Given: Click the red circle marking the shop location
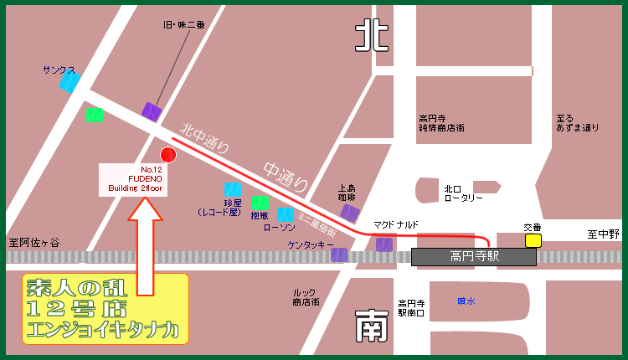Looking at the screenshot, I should tap(168, 154).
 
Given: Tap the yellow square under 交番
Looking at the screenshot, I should tap(533, 240).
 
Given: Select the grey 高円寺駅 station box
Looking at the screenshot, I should tap(474, 256).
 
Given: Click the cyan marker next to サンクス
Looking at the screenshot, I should tap(69, 82).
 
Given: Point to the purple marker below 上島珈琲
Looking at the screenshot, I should tap(350, 214).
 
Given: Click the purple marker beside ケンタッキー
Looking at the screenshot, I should tap(339, 254).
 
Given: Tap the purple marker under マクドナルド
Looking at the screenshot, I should tap(384, 244).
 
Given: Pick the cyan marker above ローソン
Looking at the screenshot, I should tap(286, 214).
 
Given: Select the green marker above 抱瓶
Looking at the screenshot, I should tap(260, 203).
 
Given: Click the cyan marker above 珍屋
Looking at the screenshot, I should tap(232, 189).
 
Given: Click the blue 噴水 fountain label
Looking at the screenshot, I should tap(466, 300).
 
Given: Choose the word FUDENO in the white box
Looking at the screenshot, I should tap(145, 179).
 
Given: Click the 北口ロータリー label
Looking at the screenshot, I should tap(464, 193).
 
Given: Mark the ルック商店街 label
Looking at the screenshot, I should tap(305, 297).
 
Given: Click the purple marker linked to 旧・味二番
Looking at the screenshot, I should tap(152, 111).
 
